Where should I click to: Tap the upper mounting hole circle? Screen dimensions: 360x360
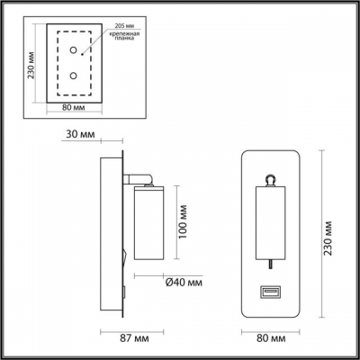[72, 54]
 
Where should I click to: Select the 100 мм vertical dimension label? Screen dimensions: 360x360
[184, 218]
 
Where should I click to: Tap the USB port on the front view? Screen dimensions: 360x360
[270, 292]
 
